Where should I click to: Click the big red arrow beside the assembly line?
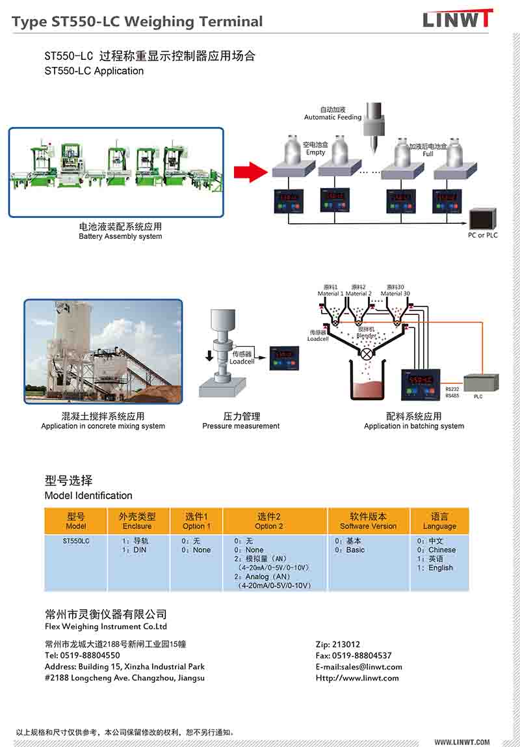coord(250,172)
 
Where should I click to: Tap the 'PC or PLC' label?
coord(482,235)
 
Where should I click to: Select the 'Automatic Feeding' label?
coord(333,117)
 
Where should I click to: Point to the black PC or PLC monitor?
coord(483,218)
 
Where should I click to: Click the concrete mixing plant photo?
coord(103,351)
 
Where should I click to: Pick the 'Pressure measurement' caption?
coord(240,426)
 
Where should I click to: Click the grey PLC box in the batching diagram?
coord(481,383)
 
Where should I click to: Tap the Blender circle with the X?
coord(367,354)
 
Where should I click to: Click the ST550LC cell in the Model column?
coord(76,541)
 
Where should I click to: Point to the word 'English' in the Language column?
coord(440,568)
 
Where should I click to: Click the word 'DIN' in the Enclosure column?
coord(140,550)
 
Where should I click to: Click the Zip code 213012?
coord(338,644)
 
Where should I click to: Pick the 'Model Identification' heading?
coord(88,496)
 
